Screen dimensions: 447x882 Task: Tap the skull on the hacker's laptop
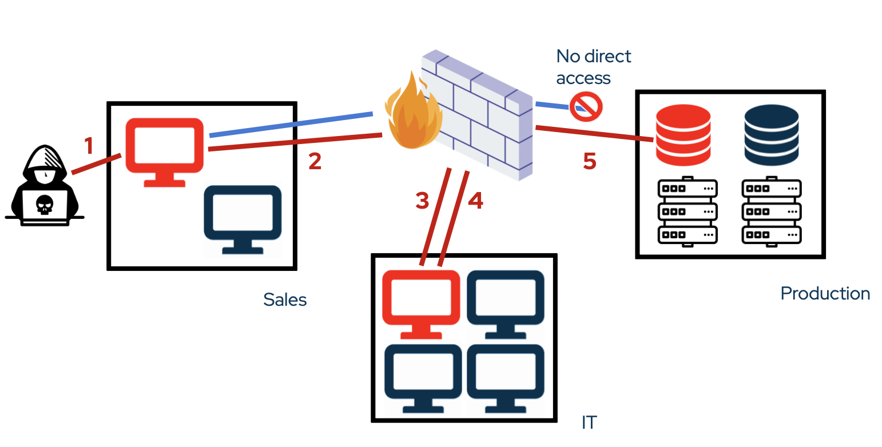click(44, 203)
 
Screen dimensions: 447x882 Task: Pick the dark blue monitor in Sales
click(243, 218)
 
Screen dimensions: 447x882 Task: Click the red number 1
click(89, 146)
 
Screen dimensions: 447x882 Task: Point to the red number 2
click(315, 161)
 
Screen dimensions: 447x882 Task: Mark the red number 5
click(590, 162)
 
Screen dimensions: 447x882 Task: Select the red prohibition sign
click(586, 106)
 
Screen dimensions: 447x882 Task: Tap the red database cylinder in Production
click(683, 135)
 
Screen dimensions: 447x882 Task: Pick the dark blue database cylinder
click(771, 135)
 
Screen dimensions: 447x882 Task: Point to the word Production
click(825, 294)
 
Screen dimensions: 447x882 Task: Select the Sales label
click(285, 300)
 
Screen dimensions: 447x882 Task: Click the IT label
click(589, 422)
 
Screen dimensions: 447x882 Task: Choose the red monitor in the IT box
click(421, 303)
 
